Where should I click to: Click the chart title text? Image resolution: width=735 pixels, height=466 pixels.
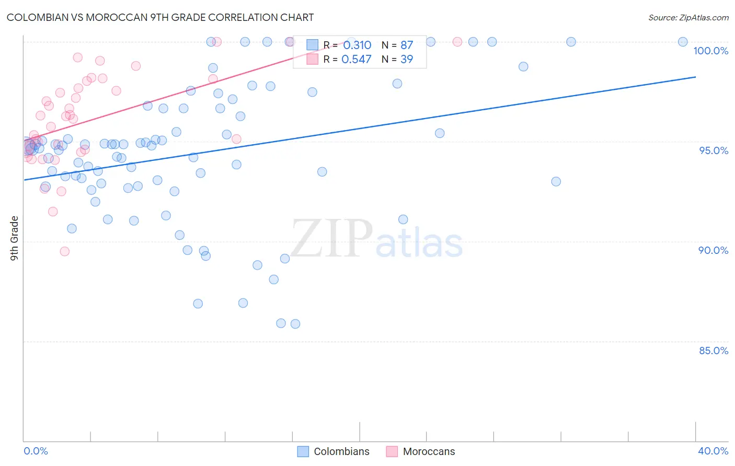pyautogui.click(x=160, y=17)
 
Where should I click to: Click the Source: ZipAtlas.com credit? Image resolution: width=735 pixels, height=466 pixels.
pyautogui.click(x=688, y=17)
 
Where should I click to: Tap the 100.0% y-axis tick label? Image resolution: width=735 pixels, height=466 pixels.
pyautogui.click(x=710, y=51)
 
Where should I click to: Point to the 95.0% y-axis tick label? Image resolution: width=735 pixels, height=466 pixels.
pyautogui.click(x=714, y=150)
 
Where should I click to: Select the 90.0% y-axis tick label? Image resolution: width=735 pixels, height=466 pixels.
pyautogui.click(x=714, y=250)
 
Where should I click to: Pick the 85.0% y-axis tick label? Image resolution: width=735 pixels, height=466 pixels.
pyautogui.click(x=714, y=351)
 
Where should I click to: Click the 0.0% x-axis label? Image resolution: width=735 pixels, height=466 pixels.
pyautogui.click(x=36, y=451)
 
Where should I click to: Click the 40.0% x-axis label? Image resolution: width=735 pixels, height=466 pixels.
pyautogui.click(x=713, y=451)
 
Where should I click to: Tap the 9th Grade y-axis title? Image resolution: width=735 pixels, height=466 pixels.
pyautogui.click(x=14, y=238)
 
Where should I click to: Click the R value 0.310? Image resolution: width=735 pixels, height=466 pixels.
pyautogui.click(x=357, y=45)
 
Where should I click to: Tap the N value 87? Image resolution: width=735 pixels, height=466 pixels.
pyautogui.click(x=407, y=45)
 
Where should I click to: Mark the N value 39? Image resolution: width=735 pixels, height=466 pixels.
pyautogui.click(x=407, y=60)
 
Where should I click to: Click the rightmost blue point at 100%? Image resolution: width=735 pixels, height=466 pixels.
pyautogui.click(x=683, y=42)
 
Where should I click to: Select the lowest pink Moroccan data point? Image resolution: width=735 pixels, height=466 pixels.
pyautogui.click(x=65, y=251)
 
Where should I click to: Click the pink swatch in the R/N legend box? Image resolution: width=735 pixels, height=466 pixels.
pyautogui.click(x=312, y=59)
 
